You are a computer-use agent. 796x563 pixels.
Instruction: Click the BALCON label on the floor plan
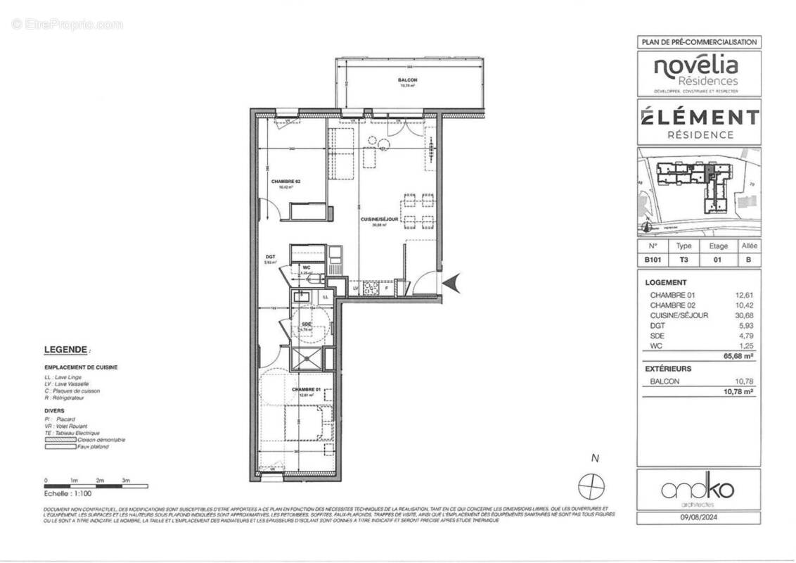tap(407, 81)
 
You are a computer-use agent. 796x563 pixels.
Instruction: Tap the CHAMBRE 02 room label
tap(286, 182)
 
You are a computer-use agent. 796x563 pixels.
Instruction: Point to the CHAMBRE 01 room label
tap(304, 389)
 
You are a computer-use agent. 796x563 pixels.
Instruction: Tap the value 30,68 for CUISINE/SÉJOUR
tap(745, 315)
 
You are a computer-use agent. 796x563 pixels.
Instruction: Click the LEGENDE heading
tap(67, 349)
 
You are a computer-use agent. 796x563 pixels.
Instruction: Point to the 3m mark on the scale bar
tap(127, 479)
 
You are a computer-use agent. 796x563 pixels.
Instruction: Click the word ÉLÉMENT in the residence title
tap(699, 117)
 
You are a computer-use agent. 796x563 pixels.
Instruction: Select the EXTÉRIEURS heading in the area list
tap(668, 369)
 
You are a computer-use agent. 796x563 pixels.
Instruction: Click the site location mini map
tap(699, 191)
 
